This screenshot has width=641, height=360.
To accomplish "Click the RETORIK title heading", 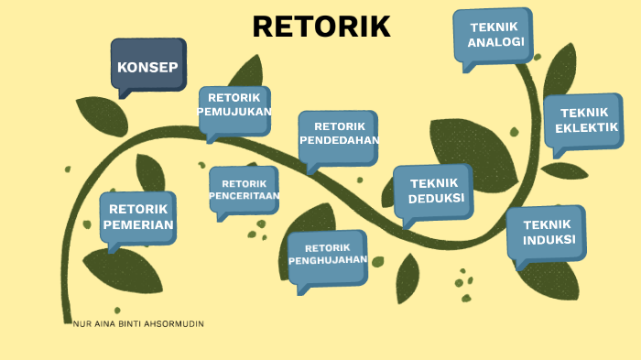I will point(321,27).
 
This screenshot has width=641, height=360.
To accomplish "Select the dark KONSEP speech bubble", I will point(147,66).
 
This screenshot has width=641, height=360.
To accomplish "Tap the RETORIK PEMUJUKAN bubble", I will point(234,106).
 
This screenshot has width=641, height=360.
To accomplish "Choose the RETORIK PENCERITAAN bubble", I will point(244,189).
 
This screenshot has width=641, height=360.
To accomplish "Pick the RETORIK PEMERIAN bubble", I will point(138,218).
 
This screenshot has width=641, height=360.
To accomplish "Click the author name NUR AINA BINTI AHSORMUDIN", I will point(138,324).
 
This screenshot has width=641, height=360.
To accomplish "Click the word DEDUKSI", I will point(436,198).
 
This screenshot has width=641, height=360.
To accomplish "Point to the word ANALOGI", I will point(495,43).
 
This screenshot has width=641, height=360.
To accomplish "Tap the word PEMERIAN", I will point(138,225).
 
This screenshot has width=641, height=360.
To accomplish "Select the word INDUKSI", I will point(549,240).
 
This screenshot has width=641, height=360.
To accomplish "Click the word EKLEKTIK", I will point(586,127).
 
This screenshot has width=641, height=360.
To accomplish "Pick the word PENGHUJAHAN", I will point(328,260).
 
